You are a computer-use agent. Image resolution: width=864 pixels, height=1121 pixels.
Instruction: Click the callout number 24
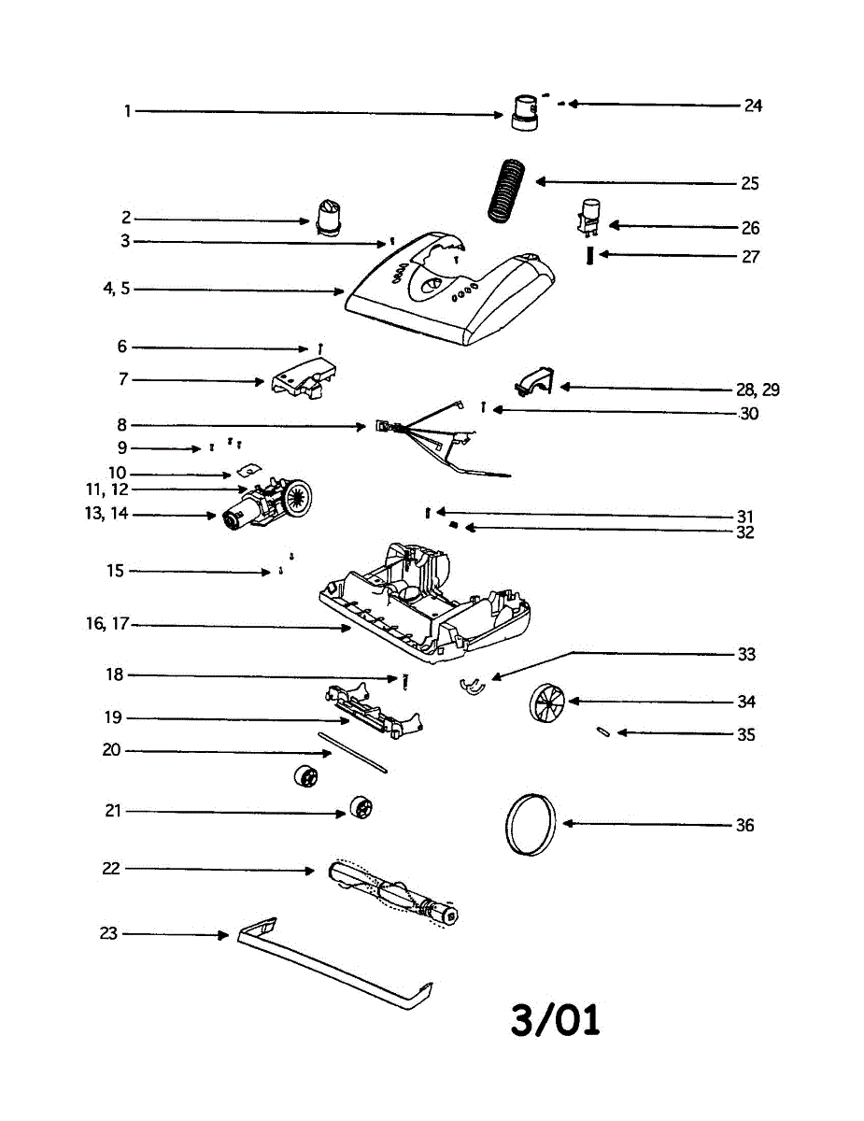pyautogui.click(x=753, y=106)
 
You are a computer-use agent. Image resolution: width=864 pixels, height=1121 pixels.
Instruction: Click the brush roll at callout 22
pyautogui.click(x=392, y=892)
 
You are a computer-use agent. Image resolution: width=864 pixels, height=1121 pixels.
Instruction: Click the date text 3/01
pyautogui.click(x=555, y=1019)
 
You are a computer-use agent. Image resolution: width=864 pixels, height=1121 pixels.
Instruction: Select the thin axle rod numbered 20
pyautogui.click(x=352, y=753)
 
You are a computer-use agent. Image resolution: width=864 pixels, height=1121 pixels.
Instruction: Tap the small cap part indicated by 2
pyautogui.click(x=328, y=218)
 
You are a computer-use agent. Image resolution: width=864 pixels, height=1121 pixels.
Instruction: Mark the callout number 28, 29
pyautogui.click(x=758, y=390)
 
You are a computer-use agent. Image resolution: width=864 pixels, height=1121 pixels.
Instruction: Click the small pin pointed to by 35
pyautogui.click(x=604, y=732)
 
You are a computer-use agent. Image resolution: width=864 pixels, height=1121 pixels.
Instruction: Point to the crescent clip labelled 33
pyautogui.click(x=474, y=687)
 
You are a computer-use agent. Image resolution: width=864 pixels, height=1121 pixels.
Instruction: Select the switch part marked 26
pyautogui.click(x=590, y=218)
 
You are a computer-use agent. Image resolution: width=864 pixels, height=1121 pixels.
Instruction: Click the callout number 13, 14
pyautogui.click(x=106, y=515)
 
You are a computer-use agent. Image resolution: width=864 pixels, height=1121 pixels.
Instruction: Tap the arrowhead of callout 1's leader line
pyautogui.click(x=501, y=115)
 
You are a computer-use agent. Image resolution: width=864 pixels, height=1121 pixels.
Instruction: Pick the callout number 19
pyautogui.click(x=112, y=718)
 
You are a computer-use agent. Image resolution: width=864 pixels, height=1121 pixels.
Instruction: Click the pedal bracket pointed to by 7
pyautogui.click(x=302, y=380)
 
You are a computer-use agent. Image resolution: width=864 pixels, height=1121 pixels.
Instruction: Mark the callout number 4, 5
pyautogui.click(x=117, y=289)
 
